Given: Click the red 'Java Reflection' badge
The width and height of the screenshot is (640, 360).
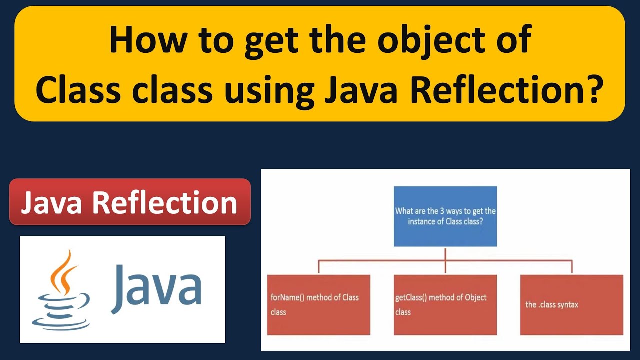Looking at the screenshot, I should coord(129,202).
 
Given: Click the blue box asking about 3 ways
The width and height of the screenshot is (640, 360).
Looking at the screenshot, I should coord(445,216).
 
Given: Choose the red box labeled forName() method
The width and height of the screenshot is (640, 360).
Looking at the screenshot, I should coord(318,304).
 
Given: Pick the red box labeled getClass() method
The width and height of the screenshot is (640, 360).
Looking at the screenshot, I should coord(445,304).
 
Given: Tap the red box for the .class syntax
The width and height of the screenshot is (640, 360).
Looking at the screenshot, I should coord(571,304).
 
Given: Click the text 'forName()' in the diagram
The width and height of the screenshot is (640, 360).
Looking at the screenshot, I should coord(287,297).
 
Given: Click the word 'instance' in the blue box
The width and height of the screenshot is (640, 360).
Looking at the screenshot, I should coord(422,221).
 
